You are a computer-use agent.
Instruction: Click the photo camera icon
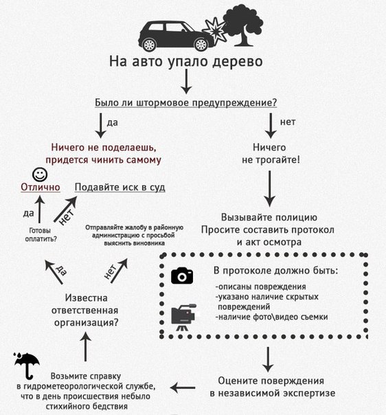pyautogui.click(x=182, y=275)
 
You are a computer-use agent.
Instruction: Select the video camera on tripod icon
pyautogui.click(x=183, y=317)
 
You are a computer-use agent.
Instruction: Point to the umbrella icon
pyautogui.click(x=27, y=365)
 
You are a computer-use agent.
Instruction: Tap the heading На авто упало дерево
pyautogui.click(x=185, y=62)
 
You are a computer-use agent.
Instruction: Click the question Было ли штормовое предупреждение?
pyautogui.click(x=185, y=102)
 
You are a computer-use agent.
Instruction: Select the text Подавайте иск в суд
pyautogui.click(x=120, y=188)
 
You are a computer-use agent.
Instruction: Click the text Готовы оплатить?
pyautogui.click(x=38, y=234)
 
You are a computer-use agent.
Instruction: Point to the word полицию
pyautogui.click(x=293, y=215)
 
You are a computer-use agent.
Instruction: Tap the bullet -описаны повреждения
pyautogui.click(x=260, y=287)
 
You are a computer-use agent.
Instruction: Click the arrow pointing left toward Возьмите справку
pyautogui.click(x=183, y=388)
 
